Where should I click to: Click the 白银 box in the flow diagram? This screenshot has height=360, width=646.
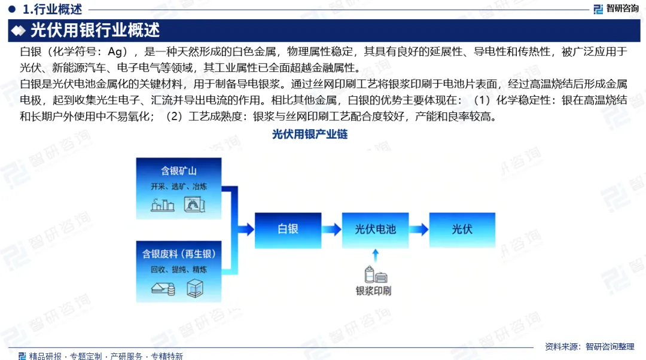pos(288,229)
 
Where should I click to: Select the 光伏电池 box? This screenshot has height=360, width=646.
pos(375,229)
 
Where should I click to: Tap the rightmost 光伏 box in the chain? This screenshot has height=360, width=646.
pos(462,229)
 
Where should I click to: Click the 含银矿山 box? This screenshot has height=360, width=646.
pos(179,186)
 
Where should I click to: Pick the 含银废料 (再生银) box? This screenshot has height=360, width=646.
pos(179,270)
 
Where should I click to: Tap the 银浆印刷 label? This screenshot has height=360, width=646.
pos(374,291)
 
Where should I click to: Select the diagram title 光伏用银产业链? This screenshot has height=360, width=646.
pos(309,135)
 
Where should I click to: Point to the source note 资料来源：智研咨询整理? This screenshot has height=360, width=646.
pos(589,346)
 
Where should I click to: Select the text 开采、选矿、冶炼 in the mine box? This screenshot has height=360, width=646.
pos(179,186)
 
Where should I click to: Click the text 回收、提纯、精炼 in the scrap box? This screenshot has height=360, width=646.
pos(179,270)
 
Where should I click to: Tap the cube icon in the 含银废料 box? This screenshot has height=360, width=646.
pos(195,288)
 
